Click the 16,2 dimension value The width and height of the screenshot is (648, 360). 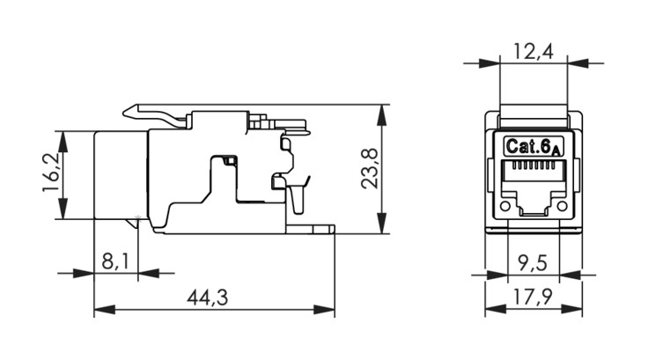50,173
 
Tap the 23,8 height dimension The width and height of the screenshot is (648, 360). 370,169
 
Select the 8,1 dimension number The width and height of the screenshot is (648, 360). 115,261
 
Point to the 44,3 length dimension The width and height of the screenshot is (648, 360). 207,298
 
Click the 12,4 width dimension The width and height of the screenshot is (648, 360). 534,51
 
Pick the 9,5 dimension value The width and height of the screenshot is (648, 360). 534,263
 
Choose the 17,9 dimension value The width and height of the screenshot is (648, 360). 533,297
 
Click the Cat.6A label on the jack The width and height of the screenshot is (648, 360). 534,147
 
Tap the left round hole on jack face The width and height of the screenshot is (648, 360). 505,206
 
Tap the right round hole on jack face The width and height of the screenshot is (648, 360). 562,206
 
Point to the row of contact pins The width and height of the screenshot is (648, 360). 534,166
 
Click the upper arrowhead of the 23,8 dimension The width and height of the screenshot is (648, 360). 382,114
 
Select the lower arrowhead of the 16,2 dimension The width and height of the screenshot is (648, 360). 63,209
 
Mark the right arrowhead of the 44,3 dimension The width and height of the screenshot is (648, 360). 324,309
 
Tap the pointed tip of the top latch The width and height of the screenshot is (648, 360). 123,112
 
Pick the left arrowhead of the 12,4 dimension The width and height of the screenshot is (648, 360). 490,63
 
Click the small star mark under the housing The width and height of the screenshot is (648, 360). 138,217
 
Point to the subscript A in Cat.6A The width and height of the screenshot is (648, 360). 556,152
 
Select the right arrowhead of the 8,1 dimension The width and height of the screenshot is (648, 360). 149,273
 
